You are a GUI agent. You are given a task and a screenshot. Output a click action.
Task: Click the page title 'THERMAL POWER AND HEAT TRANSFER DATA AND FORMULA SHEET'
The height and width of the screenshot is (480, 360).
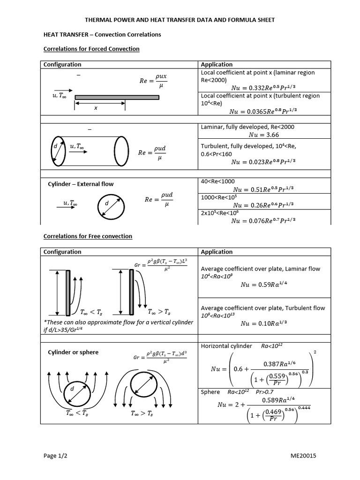[x=180, y=20]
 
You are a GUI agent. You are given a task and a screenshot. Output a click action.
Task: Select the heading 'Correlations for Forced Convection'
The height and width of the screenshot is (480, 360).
[x=91, y=49]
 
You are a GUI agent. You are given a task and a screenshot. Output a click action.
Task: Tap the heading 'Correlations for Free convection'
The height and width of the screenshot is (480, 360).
[x=88, y=236]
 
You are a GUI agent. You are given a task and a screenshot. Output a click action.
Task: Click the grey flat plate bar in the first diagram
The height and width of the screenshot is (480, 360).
[x=117, y=97]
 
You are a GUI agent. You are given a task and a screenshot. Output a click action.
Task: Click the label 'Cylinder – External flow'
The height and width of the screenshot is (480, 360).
[x=81, y=184]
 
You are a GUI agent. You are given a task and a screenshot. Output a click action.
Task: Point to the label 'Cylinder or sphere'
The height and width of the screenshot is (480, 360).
[x=73, y=352]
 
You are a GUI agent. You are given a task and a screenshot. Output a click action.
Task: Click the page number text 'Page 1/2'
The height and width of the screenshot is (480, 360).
[x=56, y=456]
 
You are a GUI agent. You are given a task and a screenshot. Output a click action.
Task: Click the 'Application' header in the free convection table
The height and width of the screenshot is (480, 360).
[x=217, y=252]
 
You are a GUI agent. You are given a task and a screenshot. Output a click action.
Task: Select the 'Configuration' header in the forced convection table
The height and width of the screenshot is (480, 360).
[x=62, y=64]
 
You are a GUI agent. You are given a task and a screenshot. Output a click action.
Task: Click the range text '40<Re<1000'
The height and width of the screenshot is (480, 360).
[x=217, y=181]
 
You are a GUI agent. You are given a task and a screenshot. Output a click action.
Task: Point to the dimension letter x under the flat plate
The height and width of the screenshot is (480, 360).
[x=96, y=108]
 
